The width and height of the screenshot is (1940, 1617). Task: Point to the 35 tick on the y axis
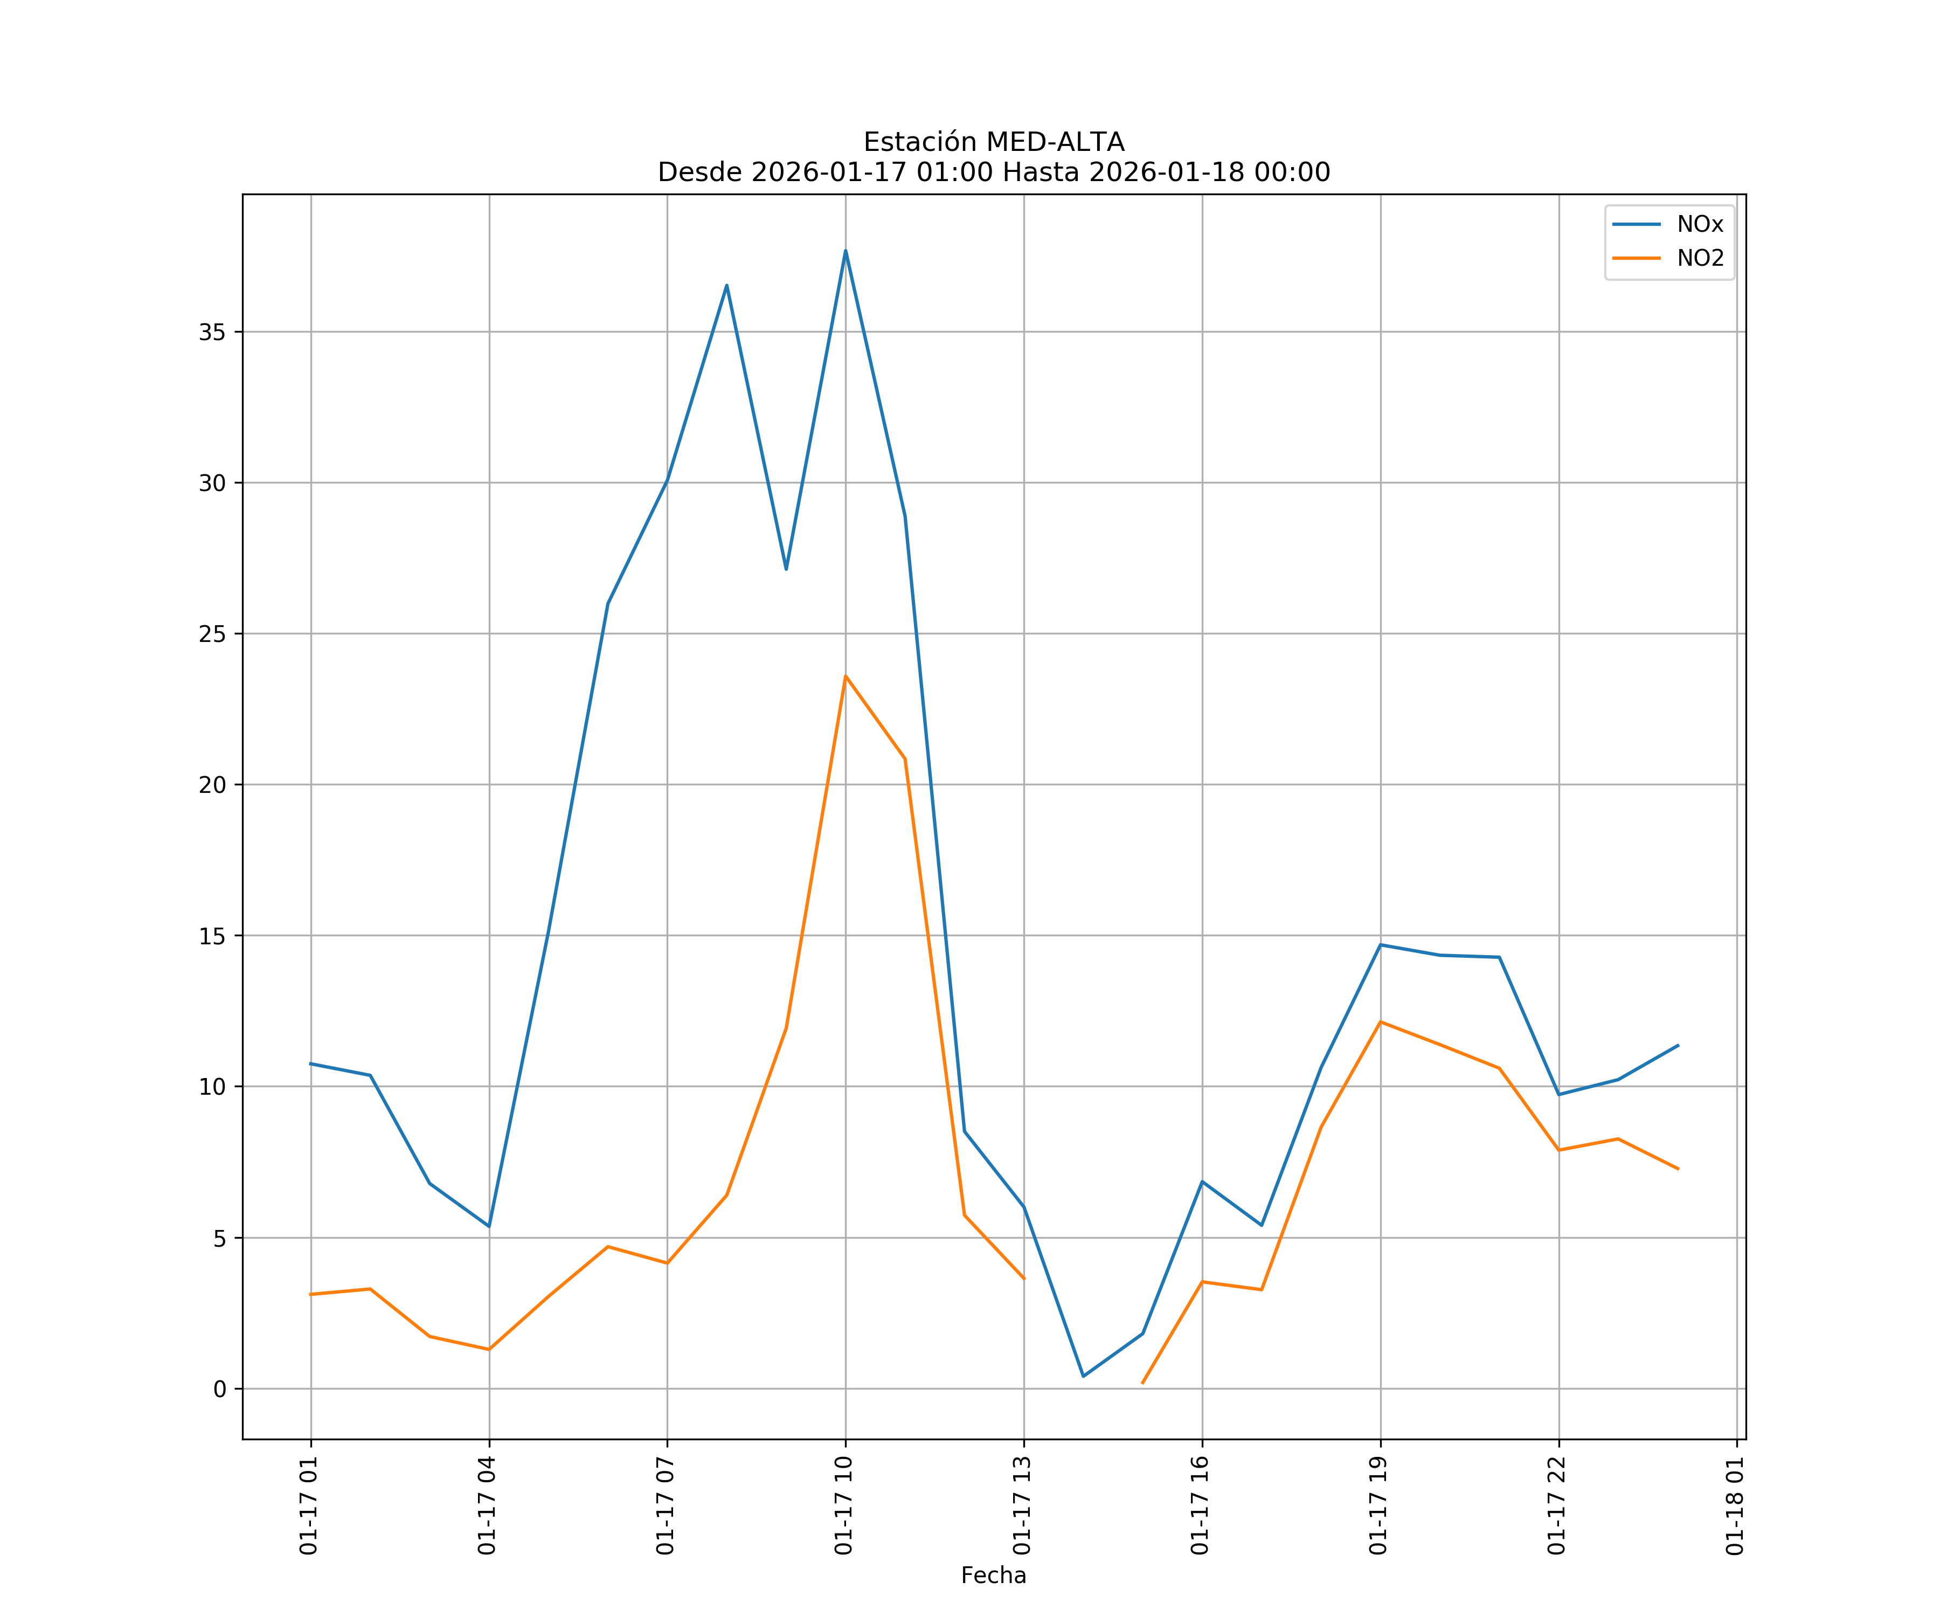click(212, 333)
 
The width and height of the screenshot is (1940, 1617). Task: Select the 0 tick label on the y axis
click(219, 1389)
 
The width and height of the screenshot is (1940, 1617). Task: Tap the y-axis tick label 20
click(212, 785)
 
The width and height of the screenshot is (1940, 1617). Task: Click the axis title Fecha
click(993, 1575)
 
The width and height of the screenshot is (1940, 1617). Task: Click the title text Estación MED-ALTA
click(993, 142)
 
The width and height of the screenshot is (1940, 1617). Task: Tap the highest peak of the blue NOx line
click(846, 251)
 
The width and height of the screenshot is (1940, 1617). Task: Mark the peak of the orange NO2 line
click(846, 676)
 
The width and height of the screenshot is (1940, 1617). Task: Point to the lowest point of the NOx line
click(1084, 1376)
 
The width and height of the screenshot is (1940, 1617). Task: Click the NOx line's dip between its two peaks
click(786, 568)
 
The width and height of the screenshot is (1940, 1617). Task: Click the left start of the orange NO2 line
click(311, 1295)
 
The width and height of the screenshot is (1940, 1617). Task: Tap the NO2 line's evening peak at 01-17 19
click(1380, 1022)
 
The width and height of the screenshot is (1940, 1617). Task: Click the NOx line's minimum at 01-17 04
click(489, 1226)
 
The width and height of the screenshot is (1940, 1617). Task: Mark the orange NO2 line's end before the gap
click(1023, 1279)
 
